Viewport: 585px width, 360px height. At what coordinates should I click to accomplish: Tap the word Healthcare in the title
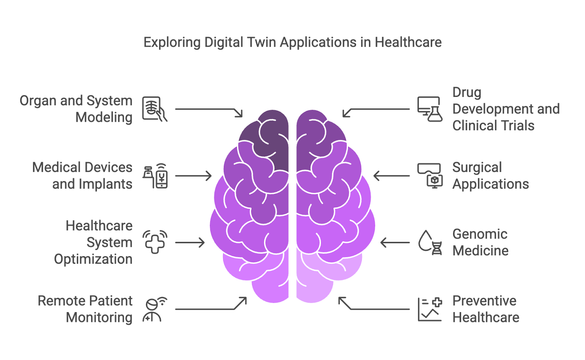(408, 42)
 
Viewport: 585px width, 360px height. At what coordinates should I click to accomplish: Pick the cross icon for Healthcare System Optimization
(155, 242)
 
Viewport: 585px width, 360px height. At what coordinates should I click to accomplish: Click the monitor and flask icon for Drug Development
(430, 109)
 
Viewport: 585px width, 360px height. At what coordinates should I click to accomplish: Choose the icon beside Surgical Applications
(430, 176)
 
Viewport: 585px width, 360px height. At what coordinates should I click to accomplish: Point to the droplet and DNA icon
(430, 242)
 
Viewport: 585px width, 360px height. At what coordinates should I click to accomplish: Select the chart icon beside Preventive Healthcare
(430, 310)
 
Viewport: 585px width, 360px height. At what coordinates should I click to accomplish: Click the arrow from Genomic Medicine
(395, 243)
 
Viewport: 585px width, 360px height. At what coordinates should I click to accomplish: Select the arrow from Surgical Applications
(391, 176)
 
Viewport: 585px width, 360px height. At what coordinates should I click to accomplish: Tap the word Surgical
(477, 168)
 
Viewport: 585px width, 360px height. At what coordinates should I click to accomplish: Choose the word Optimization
(93, 259)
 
